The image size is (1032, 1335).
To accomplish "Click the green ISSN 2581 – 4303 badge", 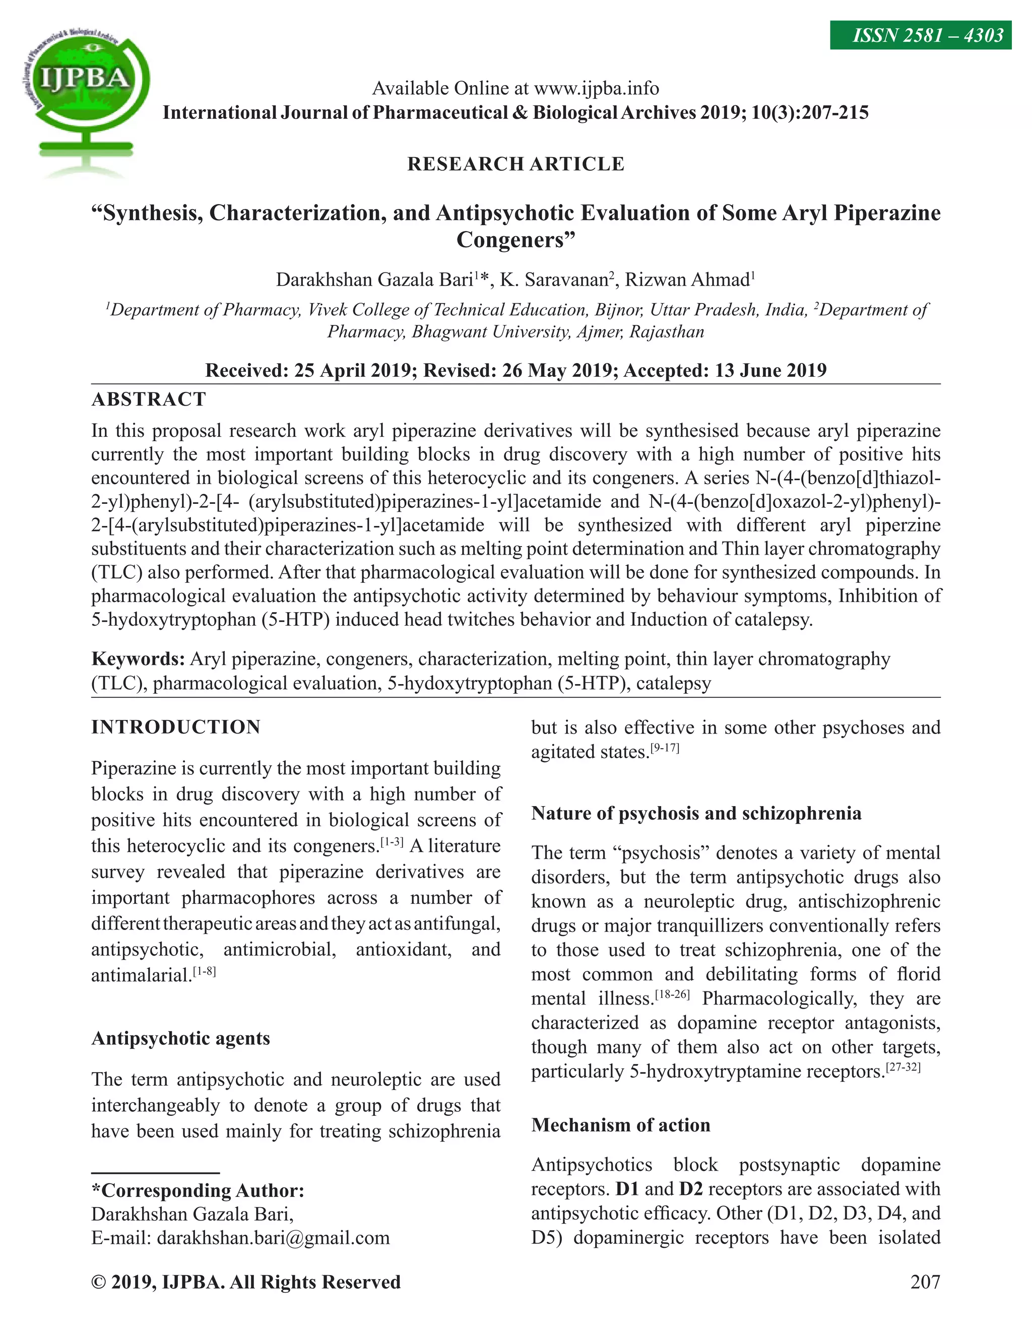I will pyautogui.click(x=920, y=35).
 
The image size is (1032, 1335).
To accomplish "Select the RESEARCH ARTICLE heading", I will pyautogui.click(x=515, y=164).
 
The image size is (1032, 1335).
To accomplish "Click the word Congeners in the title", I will pyautogui.click(x=515, y=240).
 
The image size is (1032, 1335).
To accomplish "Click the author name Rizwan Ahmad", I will pyautogui.click(x=687, y=280).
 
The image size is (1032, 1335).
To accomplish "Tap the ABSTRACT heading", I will pyautogui.click(x=149, y=399).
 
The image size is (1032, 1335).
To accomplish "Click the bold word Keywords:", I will pyautogui.click(x=138, y=659).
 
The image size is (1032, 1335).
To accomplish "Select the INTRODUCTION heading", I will pyautogui.click(x=176, y=727).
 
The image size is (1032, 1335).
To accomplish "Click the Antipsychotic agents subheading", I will pyautogui.click(x=180, y=1038).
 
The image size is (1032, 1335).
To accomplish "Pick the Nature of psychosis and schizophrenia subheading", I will pyautogui.click(x=696, y=813).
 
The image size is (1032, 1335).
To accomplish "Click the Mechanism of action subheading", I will pyautogui.click(x=620, y=1125).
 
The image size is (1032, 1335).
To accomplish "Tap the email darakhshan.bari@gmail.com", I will pyautogui.click(x=273, y=1238).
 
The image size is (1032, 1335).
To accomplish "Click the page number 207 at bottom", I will pyautogui.click(x=924, y=1281).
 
